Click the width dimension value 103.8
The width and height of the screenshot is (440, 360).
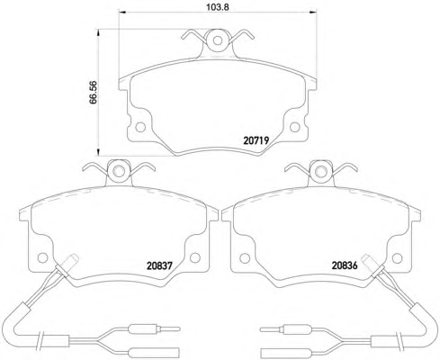(218, 7)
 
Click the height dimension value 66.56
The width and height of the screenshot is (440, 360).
(94, 93)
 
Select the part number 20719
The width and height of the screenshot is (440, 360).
(256, 140)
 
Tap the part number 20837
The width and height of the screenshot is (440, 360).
(159, 265)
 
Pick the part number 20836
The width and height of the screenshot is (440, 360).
(345, 265)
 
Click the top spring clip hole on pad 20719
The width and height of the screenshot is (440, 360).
(218, 40)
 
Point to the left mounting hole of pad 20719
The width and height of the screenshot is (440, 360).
(140, 127)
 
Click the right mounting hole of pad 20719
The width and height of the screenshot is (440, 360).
(295, 127)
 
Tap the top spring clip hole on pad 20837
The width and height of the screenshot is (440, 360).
(120, 171)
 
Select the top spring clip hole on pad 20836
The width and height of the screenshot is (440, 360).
(321, 171)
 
